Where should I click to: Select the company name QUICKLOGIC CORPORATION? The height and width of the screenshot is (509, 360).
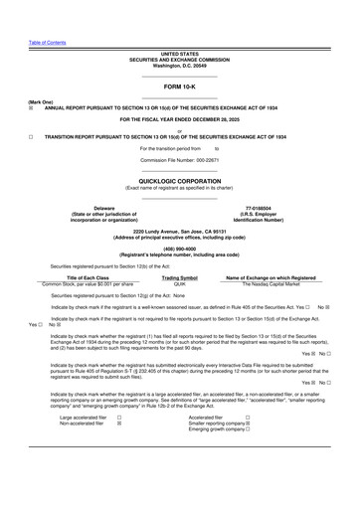(x=180, y=181)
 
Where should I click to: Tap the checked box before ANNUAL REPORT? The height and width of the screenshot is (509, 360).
(x=31, y=107)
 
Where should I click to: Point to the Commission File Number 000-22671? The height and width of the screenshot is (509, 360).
(x=180, y=159)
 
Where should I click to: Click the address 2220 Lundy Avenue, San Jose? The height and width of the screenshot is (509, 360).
(x=180, y=231)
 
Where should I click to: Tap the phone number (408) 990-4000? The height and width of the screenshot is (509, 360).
(x=180, y=250)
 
